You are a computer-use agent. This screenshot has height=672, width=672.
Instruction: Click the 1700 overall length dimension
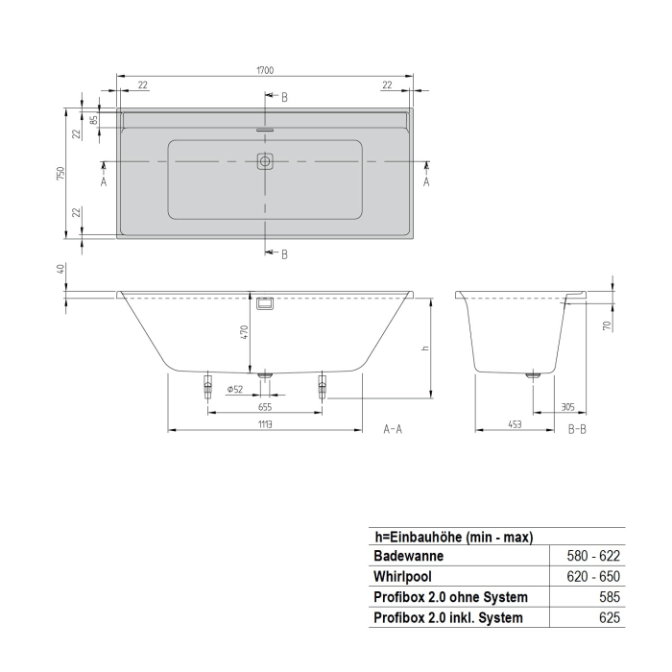pos(266,70)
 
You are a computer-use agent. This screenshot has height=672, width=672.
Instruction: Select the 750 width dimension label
pos(60,173)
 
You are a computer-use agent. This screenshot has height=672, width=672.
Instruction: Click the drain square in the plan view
pos(265,161)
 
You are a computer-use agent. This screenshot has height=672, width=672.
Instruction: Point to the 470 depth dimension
pos(245,332)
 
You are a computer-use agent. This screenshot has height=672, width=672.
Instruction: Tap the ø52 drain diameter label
pos(233,388)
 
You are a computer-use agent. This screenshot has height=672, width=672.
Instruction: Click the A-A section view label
pos(393,429)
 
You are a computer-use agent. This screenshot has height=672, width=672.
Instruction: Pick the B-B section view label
pos(576,429)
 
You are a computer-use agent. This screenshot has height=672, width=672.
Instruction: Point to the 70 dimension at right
pos(607,326)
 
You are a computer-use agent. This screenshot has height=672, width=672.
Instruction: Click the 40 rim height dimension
pos(60,270)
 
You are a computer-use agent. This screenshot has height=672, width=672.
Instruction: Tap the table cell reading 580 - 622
pos(595,556)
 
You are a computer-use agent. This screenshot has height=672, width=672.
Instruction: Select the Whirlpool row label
pos(403,577)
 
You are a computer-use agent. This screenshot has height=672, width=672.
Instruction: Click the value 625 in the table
pos(609,619)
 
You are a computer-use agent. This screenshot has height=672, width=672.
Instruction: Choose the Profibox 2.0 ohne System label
pos(450,598)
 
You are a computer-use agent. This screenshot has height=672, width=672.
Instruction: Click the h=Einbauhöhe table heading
pos(453,537)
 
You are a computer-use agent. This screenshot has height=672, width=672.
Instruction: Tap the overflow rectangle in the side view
pos(265,302)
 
